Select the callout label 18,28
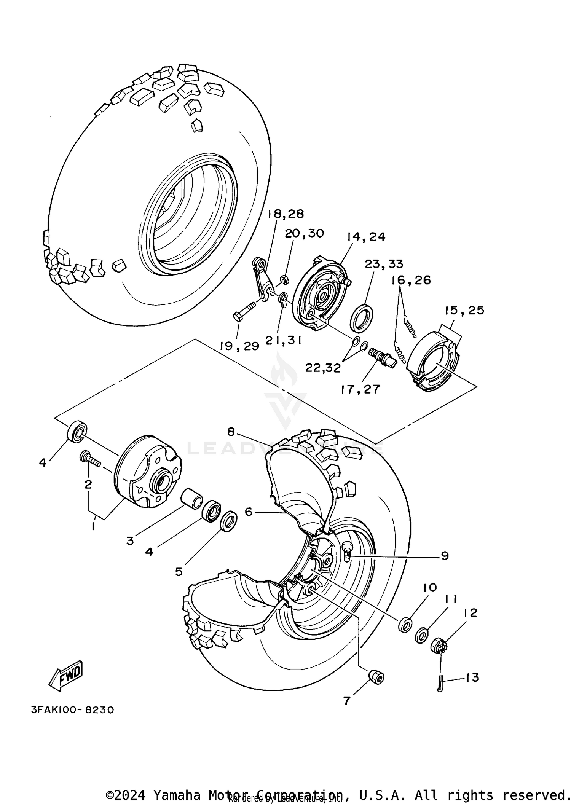pyautogui.click(x=286, y=214)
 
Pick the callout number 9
pyautogui.click(x=445, y=556)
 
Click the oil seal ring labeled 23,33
pyautogui.click(x=361, y=319)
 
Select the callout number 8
pyautogui.click(x=231, y=432)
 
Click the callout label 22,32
pyautogui.click(x=323, y=368)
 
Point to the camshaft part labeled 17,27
pyautogui.click(x=382, y=358)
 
